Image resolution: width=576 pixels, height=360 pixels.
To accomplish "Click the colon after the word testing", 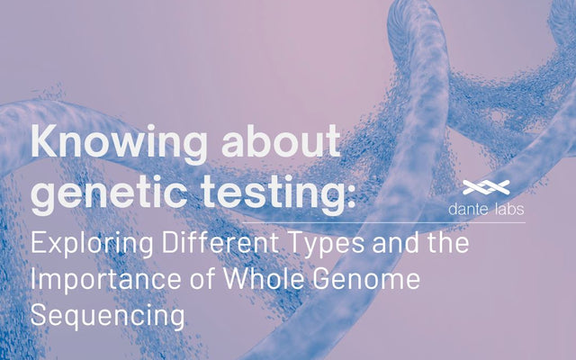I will click(349, 196).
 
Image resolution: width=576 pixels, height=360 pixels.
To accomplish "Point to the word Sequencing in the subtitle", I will click(108, 317).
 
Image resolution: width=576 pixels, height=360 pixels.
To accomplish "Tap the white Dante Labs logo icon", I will click(486, 188).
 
